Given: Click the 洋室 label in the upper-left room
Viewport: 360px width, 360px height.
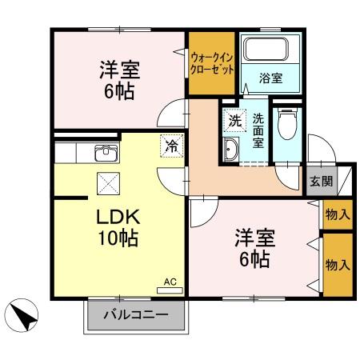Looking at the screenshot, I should (120, 70).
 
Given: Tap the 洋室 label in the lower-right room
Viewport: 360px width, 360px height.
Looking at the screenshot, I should (254, 238).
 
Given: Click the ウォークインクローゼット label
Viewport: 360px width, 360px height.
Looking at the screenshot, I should (212, 63).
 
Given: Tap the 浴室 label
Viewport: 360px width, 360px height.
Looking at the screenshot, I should (270, 78).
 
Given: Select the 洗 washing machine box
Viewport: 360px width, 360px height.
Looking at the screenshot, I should (234, 122).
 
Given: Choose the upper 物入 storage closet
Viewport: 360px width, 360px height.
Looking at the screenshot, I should (336, 214).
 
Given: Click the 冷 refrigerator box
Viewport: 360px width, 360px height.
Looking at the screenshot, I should (170, 145).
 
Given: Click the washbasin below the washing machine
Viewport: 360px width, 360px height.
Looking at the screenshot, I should (230, 148).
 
